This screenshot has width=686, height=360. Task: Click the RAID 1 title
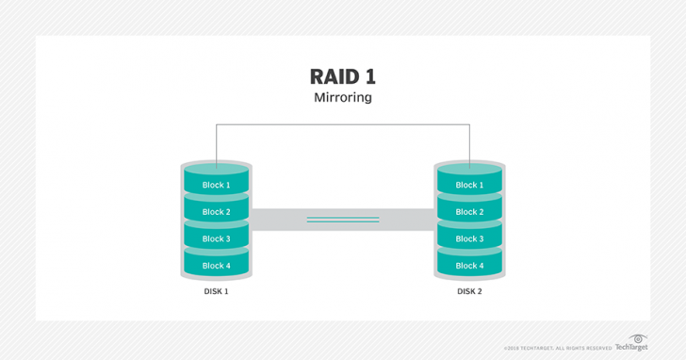tap(342, 76)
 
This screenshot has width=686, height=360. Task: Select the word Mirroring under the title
tap(342, 97)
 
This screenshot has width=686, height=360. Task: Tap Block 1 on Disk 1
tap(216, 185)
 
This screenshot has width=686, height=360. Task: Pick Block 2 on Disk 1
tap(216, 212)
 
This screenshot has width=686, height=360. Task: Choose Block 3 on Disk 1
tap(216, 238)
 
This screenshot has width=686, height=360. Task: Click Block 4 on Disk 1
tap(216, 266)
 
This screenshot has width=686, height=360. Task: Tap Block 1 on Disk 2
tap(468, 185)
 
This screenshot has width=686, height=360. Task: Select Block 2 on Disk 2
tap(468, 212)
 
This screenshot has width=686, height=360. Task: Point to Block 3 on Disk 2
tap(468, 238)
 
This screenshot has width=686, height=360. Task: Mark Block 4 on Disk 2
tap(468, 266)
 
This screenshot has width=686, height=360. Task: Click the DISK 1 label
tap(216, 291)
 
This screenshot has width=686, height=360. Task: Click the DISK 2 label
tap(468, 291)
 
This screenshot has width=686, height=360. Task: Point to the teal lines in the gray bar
tap(342, 220)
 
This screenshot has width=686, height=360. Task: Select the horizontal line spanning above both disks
tap(342, 124)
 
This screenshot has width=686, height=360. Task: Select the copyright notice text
tap(557, 349)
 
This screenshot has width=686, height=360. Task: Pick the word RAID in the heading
tap(332, 76)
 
